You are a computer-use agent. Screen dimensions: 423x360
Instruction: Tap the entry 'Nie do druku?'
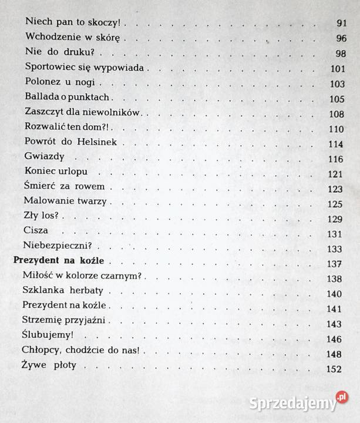(x=58, y=52)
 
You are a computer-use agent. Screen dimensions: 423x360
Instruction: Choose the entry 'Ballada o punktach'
(x=68, y=97)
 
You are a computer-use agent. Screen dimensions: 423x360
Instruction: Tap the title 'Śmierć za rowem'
(x=65, y=188)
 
